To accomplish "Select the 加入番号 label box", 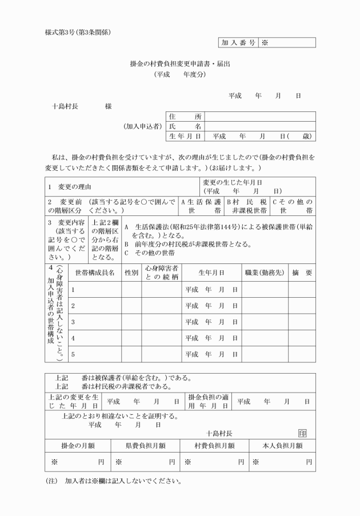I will click(238, 42).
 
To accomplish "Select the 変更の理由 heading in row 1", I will click(71, 187).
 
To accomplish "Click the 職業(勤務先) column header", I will click(264, 273).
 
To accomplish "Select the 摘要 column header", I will click(302, 273).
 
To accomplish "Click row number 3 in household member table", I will click(73, 322).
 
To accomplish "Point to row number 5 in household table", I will click(73, 354).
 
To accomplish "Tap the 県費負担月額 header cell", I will click(146, 445).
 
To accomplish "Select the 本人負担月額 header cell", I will click(282, 445).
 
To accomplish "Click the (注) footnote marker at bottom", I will click(51, 481).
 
